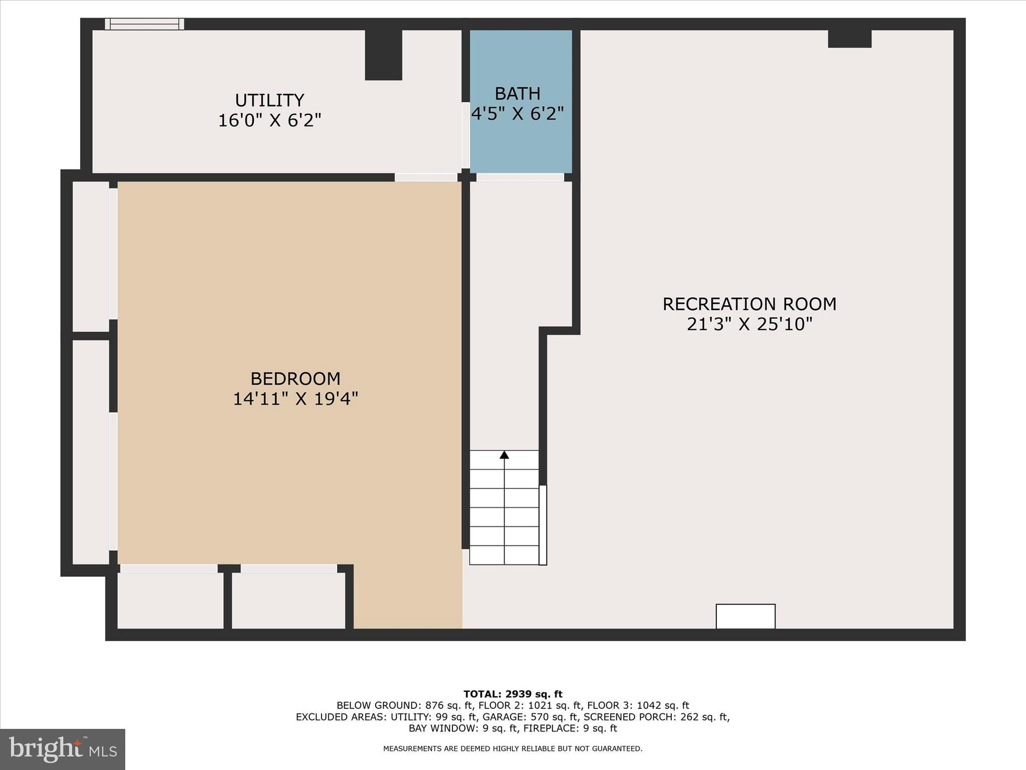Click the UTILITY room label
point(270,101)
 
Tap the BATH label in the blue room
point(518,94)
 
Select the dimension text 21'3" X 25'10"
point(749,324)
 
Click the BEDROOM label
point(295,378)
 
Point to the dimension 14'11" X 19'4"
point(295,399)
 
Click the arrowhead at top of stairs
point(504,455)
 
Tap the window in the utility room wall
point(145,24)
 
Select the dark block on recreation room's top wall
point(850,39)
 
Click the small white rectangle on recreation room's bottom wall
point(745,616)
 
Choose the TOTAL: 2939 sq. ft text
point(512,694)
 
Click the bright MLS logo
point(63,749)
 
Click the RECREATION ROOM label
point(749,304)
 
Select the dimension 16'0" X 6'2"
point(270,121)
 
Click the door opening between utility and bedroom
point(426,177)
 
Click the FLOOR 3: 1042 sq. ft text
point(638,706)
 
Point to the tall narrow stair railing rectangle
point(543,525)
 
